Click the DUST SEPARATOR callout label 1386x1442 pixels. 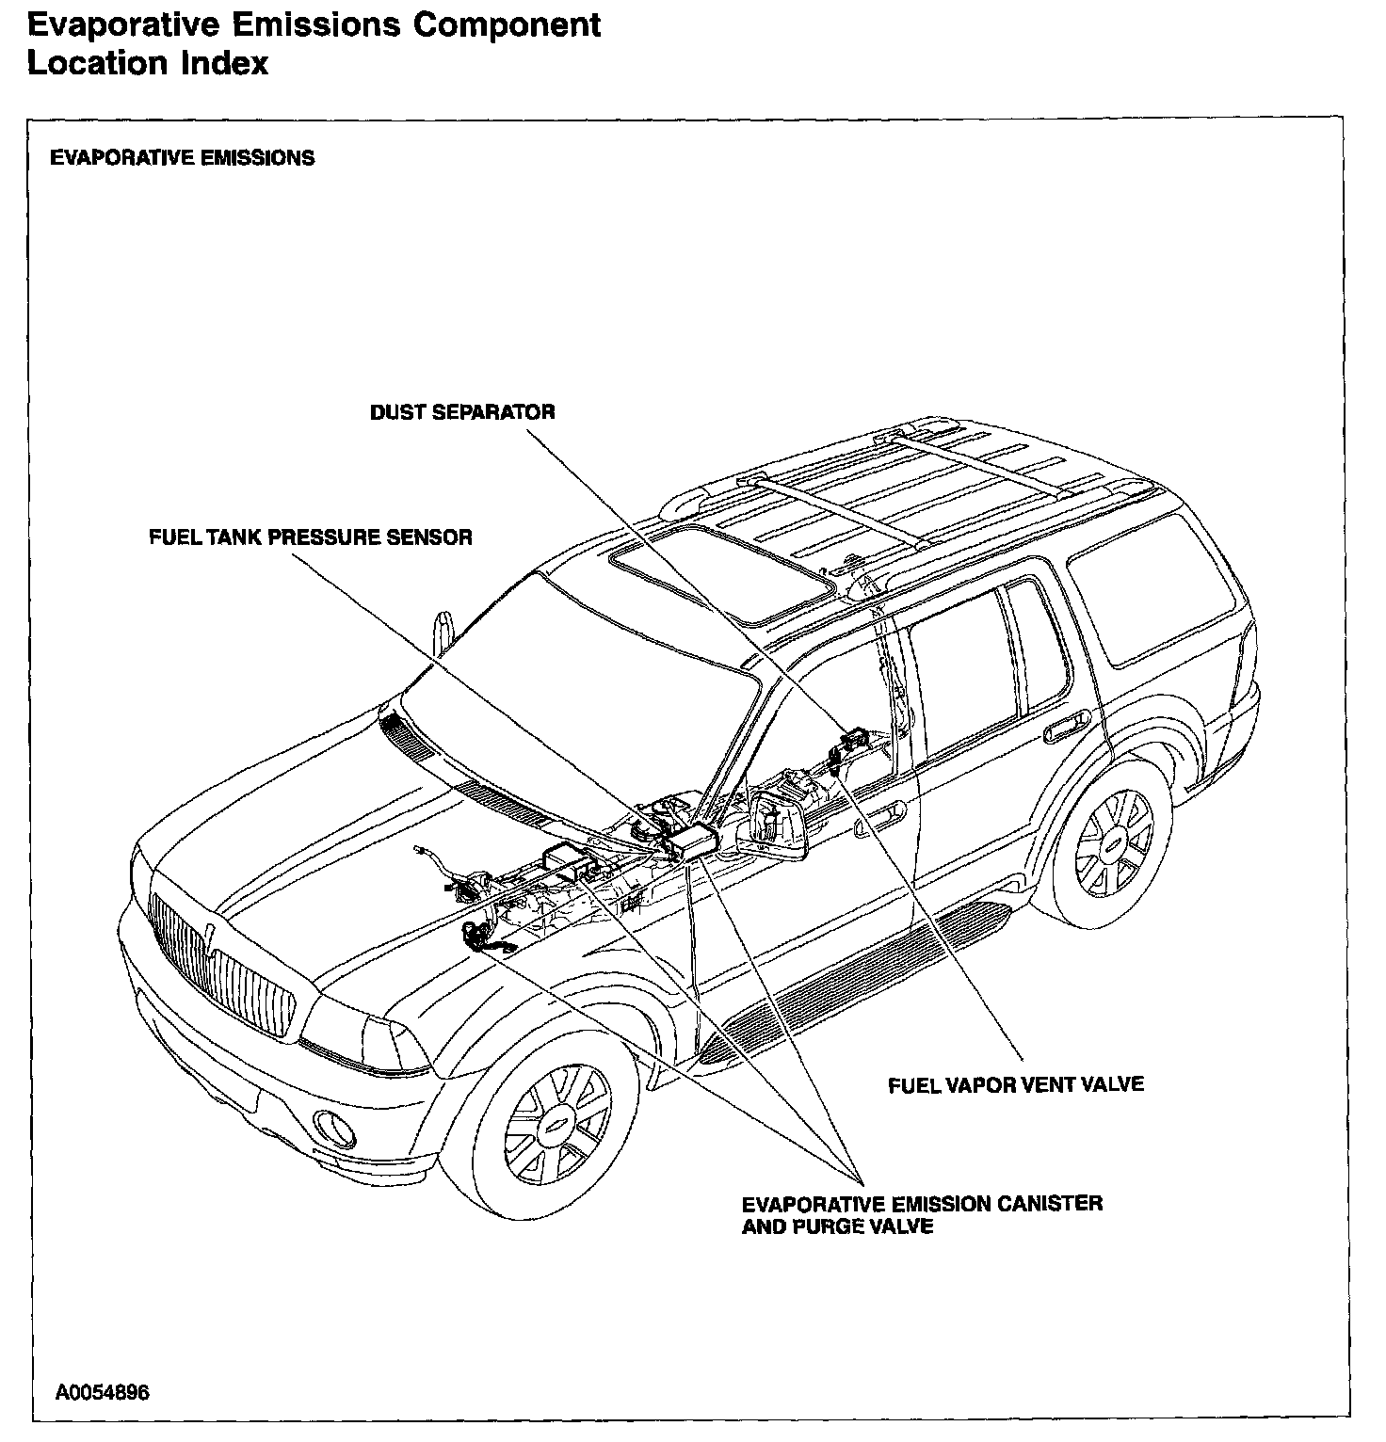tap(461, 412)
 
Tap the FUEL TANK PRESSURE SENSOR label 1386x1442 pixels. tap(311, 537)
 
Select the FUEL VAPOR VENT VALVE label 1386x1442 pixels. tap(1016, 1084)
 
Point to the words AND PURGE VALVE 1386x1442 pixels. tap(837, 1226)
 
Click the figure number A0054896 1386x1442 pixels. tap(102, 1392)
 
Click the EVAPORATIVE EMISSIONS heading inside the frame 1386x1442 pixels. tap(182, 157)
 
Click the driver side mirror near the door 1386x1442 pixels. tap(780, 824)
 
